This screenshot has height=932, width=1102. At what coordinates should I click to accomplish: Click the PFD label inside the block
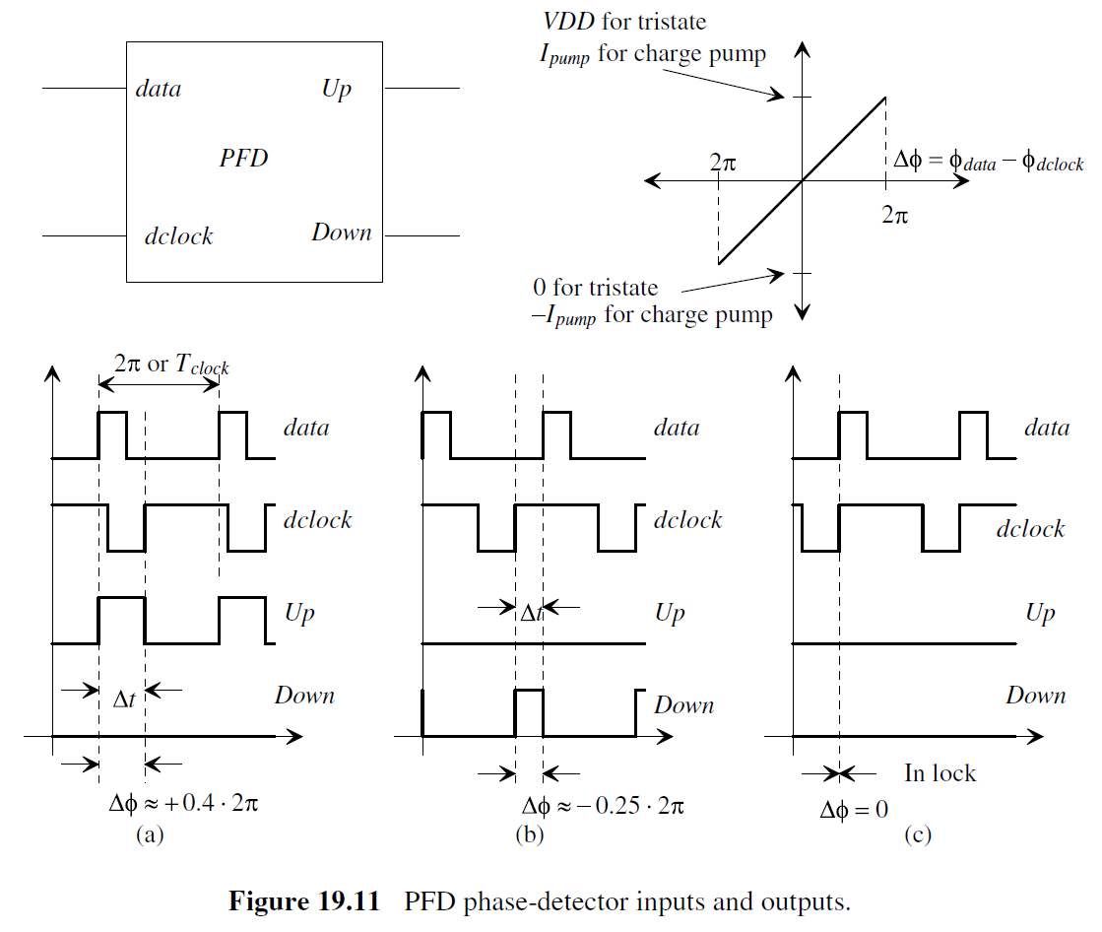(243, 158)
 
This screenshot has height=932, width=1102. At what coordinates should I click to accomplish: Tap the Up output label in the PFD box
(337, 90)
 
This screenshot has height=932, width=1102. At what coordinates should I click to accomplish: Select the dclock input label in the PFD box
(178, 236)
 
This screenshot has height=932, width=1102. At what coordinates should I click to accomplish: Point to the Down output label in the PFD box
(342, 233)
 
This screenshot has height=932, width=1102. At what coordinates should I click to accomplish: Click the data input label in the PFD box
(159, 90)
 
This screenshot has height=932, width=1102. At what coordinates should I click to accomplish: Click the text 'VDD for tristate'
(623, 21)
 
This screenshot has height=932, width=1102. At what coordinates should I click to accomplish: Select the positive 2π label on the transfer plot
(894, 214)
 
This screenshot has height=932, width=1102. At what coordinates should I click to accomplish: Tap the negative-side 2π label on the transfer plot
(723, 161)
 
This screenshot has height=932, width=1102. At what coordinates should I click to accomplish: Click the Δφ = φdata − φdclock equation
(987, 162)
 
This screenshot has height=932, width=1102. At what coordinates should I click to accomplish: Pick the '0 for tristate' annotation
(595, 288)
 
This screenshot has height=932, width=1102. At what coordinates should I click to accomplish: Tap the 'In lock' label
(940, 773)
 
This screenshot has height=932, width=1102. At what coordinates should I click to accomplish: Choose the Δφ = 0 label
(854, 811)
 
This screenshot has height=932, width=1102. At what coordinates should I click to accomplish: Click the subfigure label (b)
(530, 835)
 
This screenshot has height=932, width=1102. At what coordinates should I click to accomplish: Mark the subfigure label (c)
(918, 835)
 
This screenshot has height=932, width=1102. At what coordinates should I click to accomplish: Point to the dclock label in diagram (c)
(1030, 529)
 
